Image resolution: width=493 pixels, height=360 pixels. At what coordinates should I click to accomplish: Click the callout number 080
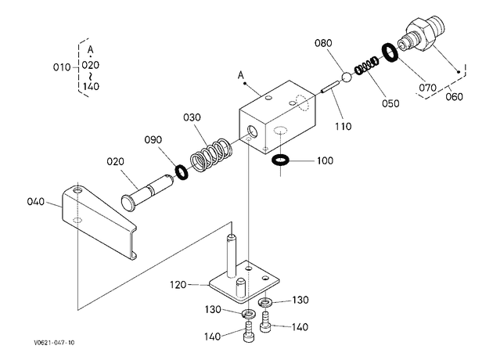(323, 43)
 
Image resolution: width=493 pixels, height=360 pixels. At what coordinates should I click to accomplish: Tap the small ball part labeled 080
(346, 77)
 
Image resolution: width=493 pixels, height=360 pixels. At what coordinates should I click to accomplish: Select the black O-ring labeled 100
(279, 160)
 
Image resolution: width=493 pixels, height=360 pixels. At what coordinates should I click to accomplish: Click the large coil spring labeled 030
(211, 155)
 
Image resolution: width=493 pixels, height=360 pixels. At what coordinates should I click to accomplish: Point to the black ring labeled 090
(182, 172)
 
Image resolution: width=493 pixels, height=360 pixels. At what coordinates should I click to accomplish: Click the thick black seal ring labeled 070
(390, 52)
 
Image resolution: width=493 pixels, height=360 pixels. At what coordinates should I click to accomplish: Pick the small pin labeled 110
(329, 87)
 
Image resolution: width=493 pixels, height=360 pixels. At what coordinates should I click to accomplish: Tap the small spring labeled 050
(366, 66)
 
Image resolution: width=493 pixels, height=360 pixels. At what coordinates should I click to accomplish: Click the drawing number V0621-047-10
(55, 343)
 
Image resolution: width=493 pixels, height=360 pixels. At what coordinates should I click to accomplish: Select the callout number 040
(36, 202)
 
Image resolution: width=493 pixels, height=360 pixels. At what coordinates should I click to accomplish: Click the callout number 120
(178, 285)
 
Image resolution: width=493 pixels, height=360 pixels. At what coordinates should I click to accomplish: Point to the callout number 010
(62, 67)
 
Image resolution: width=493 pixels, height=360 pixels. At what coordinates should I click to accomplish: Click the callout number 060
(455, 96)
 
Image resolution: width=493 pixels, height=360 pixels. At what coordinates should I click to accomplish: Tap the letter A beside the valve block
(241, 75)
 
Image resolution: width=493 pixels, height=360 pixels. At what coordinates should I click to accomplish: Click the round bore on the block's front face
(252, 131)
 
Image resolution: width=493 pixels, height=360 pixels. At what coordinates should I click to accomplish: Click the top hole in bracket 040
(77, 190)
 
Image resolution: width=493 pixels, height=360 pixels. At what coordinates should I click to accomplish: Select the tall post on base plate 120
(231, 255)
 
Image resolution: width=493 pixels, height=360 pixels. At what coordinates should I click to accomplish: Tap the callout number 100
(325, 160)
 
